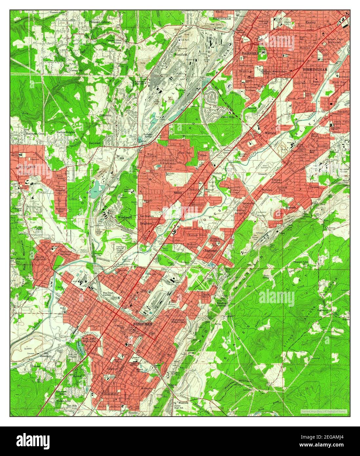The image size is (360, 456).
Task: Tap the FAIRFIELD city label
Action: [250, 52]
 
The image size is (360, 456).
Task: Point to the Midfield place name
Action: [270, 133]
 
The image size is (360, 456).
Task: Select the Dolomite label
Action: [106, 116]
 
